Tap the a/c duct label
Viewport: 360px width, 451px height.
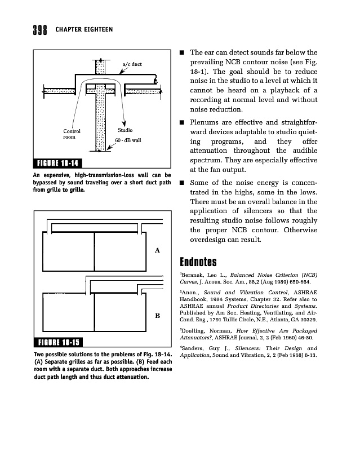click(x=132, y=64)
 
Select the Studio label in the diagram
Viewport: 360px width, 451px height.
click(x=125, y=130)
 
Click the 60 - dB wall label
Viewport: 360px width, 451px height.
click(x=128, y=139)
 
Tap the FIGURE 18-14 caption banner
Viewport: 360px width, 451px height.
click(x=59, y=163)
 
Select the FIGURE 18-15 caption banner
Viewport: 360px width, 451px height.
click(x=59, y=342)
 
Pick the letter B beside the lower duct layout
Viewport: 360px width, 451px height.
click(x=157, y=316)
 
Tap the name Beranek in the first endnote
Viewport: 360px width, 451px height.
click(x=193, y=275)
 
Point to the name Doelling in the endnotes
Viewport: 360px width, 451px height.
click(x=194, y=330)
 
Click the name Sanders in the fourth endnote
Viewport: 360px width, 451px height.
click(x=194, y=348)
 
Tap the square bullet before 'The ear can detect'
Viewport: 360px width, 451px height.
click(x=183, y=54)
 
